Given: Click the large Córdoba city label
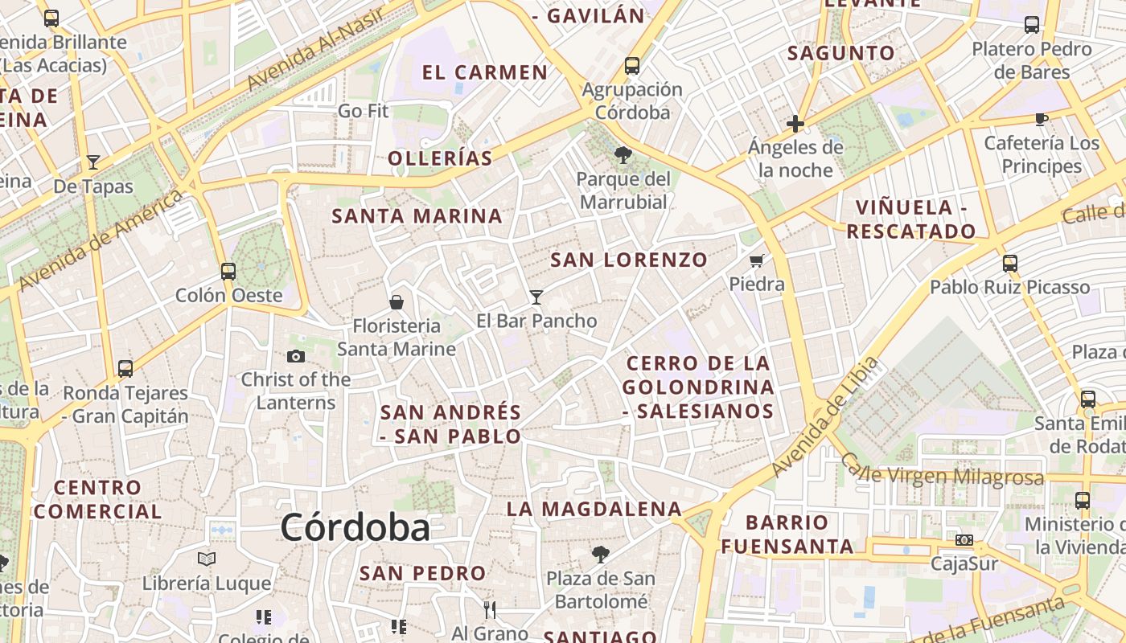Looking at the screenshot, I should pyautogui.click(x=355, y=528).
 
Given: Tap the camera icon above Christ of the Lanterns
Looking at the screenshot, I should pyautogui.click(x=295, y=356).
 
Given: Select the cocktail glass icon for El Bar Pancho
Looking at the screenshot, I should pyautogui.click(x=536, y=297).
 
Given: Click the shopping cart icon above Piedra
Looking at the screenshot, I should pyautogui.click(x=756, y=260).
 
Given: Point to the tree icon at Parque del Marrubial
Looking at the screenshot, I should pyautogui.click(x=623, y=154).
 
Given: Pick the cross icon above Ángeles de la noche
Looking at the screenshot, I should pyautogui.click(x=795, y=124).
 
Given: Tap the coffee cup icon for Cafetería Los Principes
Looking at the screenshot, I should pyautogui.click(x=1042, y=120).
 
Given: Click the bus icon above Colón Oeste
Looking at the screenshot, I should pyautogui.click(x=228, y=271).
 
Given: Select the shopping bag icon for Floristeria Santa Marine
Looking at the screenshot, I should pyautogui.click(x=396, y=302).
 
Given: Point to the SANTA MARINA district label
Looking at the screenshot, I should pyautogui.click(x=417, y=216).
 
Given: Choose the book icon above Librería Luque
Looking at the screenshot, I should pyautogui.click(x=207, y=559).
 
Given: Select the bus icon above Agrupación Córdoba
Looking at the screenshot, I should pyautogui.click(x=632, y=66).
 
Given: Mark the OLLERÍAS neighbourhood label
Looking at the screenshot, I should pyautogui.click(x=440, y=158).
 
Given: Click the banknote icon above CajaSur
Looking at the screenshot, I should pyautogui.click(x=964, y=539).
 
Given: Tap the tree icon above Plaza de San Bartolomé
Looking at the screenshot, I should pyautogui.click(x=600, y=554).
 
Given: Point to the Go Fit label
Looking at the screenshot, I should pyautogui.click(x=363, y=111).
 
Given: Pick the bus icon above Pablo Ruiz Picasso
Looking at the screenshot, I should pyautogui.click(x=1009, y=263).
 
